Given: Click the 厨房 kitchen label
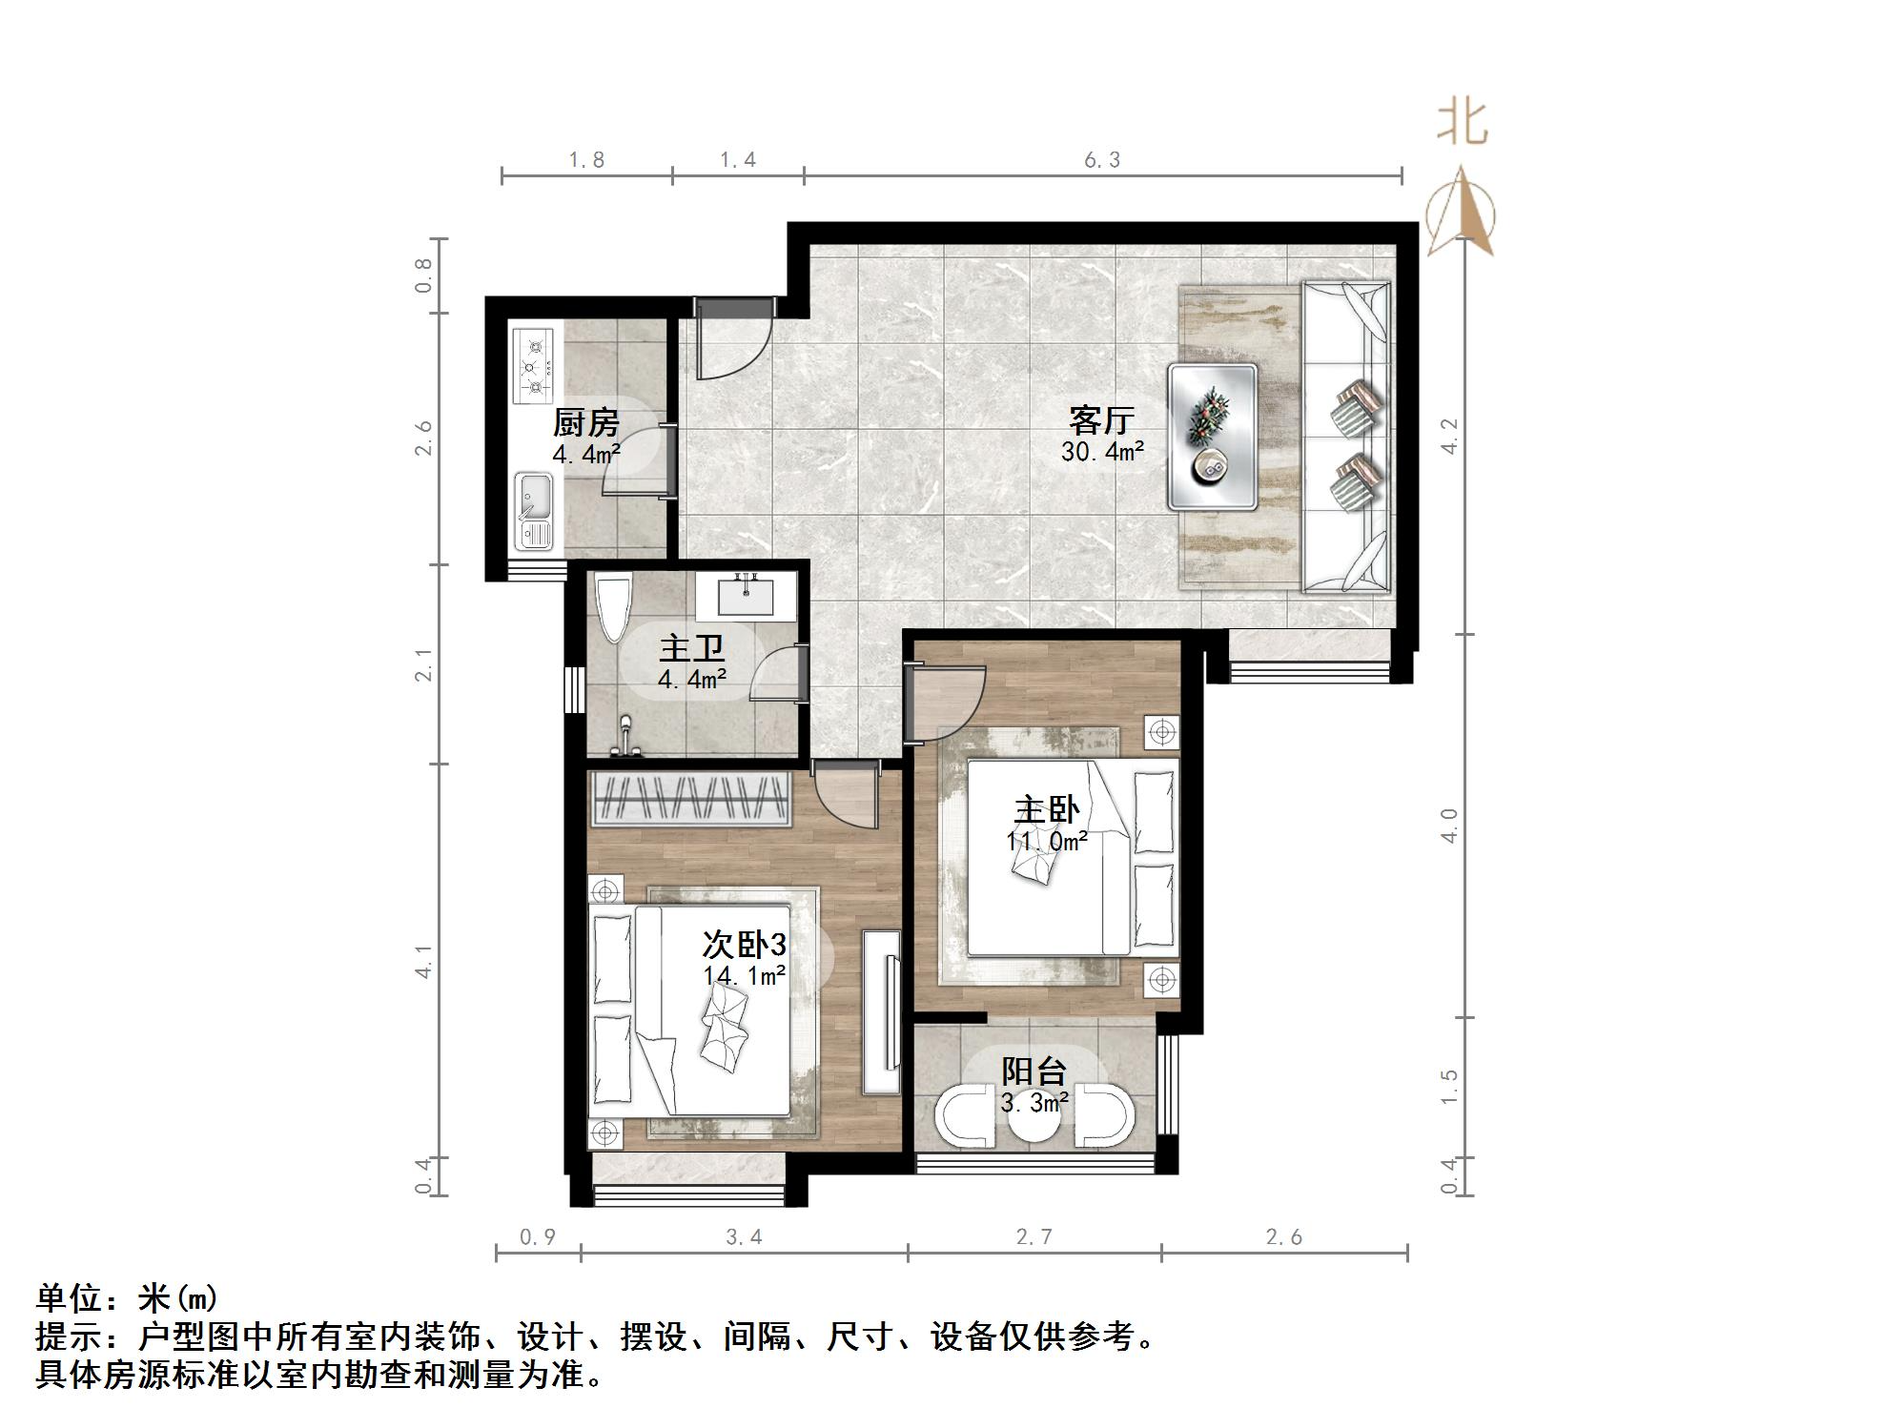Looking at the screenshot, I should (x=585, y=421).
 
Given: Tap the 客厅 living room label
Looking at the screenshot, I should (x=1101, y=419).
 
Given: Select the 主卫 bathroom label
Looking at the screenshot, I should (x=691, y=649).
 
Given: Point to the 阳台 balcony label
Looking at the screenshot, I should (x=1034, y=1071).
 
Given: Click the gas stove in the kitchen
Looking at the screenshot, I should (x=533, y=365).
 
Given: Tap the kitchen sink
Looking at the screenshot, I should (x=533, y=511).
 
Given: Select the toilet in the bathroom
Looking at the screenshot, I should (x=612, y=606).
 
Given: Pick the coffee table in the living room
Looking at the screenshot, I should (x=1213, y=436).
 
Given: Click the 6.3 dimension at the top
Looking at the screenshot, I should (x=1101, y=160).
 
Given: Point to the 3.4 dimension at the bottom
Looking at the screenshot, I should (x=744, y=1237).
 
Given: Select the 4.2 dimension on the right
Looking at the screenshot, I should (x=1449, y=436).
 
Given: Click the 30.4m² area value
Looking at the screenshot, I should (x=1102, y=451).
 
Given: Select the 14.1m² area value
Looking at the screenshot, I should (x=744, y=975).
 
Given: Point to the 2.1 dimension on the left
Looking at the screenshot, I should (x=423, y=664).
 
